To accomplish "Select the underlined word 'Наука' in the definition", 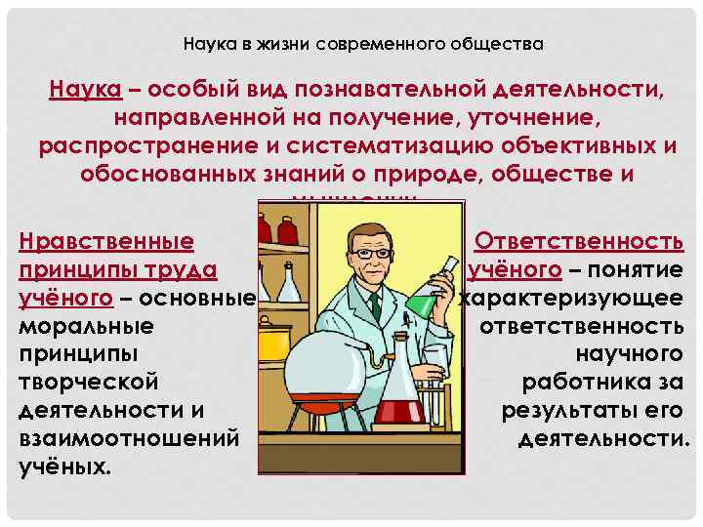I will (x=86, y=91).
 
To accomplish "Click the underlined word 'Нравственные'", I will (x=106, y=241).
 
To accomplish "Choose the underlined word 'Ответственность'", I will (x=578, y=241).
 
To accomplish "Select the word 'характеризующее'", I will (x=571, y=297).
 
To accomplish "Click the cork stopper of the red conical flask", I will (x=397, y=339).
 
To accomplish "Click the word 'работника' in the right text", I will (x=602, y=382).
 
